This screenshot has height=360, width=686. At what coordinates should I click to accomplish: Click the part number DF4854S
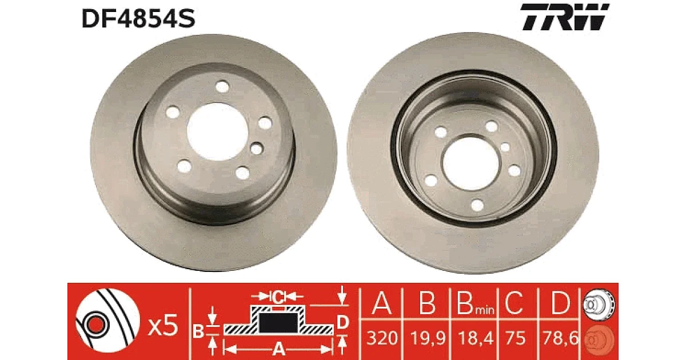coord(138,18)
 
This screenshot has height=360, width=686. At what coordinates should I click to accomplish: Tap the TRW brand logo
coord(565,17)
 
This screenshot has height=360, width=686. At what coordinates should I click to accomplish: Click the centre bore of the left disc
coord(217,131)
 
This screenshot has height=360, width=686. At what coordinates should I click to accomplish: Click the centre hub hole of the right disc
coord(471,163)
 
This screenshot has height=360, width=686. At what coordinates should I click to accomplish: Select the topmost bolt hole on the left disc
coord(222,87)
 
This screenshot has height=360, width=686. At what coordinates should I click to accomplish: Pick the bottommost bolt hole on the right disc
coord(477,205)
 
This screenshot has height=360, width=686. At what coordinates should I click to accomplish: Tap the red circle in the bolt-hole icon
coord(95,323)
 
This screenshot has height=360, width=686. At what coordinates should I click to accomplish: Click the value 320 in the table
coord(382,338)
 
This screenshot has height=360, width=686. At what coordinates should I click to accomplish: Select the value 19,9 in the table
coord(427,338)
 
